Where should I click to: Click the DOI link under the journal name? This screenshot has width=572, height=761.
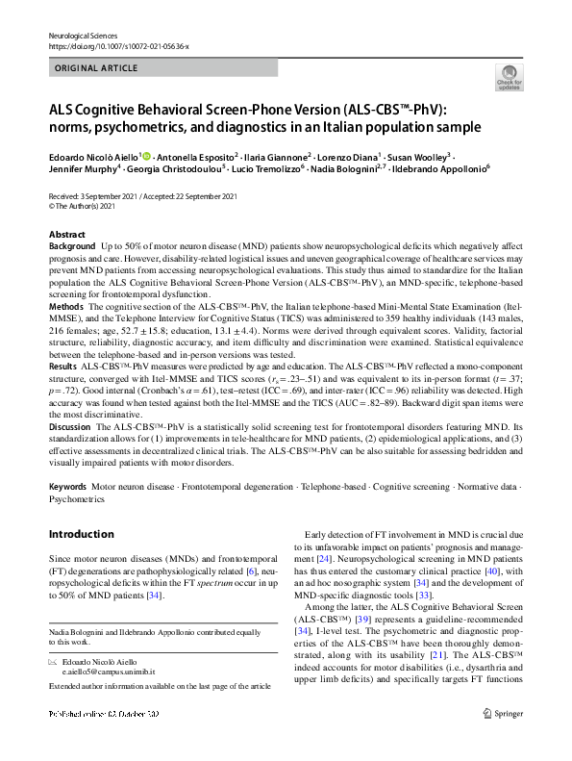pyautogui.click(x=111, y=46)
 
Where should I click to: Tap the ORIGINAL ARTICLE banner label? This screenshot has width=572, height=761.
pyautogui.click(x=96, y=69)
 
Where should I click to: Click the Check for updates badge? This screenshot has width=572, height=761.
pyautogui.click(x=509, y=78)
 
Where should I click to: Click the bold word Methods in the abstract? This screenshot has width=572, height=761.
pyautogui.click(x=66, y=304)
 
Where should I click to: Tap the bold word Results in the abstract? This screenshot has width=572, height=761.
pyautogui.click(x=63, y=367)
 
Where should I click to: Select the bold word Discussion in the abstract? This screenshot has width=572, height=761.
pyautogui.click(x=71, y=425)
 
